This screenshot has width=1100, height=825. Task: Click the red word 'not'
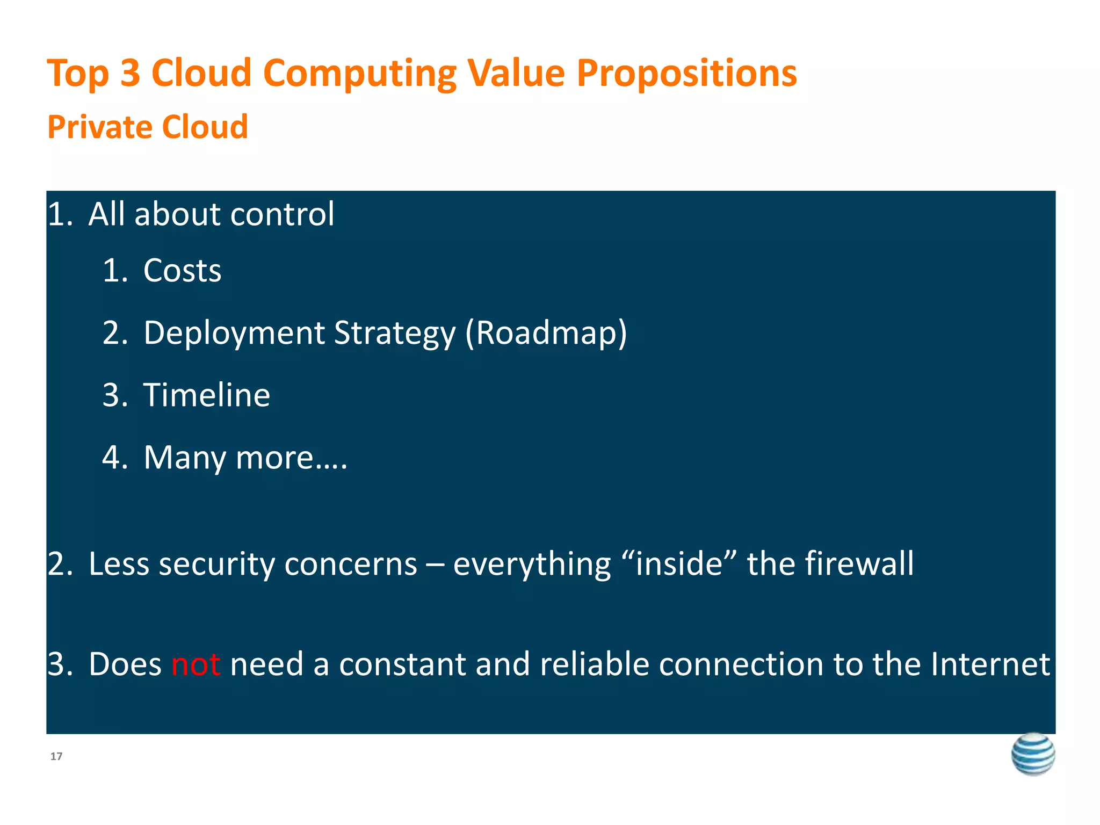coord(196,664)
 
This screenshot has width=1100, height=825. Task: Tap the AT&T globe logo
coord(1032,754)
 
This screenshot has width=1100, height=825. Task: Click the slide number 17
coord(56,756)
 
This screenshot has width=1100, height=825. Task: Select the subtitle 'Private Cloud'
coord(148,127)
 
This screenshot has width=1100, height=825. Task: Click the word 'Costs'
coord(182,270)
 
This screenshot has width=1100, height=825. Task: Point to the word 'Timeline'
coord(207,395)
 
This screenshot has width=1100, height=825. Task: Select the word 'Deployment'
coord(234,333)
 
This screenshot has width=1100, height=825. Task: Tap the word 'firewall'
coord(858,564)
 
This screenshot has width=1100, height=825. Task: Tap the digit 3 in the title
coord(130,73)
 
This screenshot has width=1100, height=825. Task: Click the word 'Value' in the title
coord(516,73)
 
